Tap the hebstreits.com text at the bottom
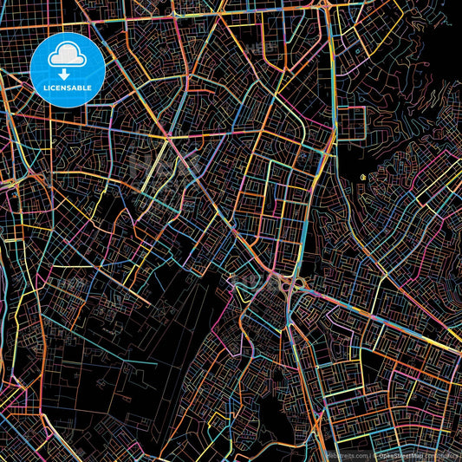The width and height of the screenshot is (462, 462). coord(347,454)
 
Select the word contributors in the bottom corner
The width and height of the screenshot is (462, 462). coord(439,454)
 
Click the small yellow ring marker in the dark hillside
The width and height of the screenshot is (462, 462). coord(361,178)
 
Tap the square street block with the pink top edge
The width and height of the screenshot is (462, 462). coord(351,121)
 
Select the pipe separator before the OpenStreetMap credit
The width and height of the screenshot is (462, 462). coord(372,454)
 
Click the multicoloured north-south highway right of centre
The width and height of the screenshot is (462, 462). coord(334,173)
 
